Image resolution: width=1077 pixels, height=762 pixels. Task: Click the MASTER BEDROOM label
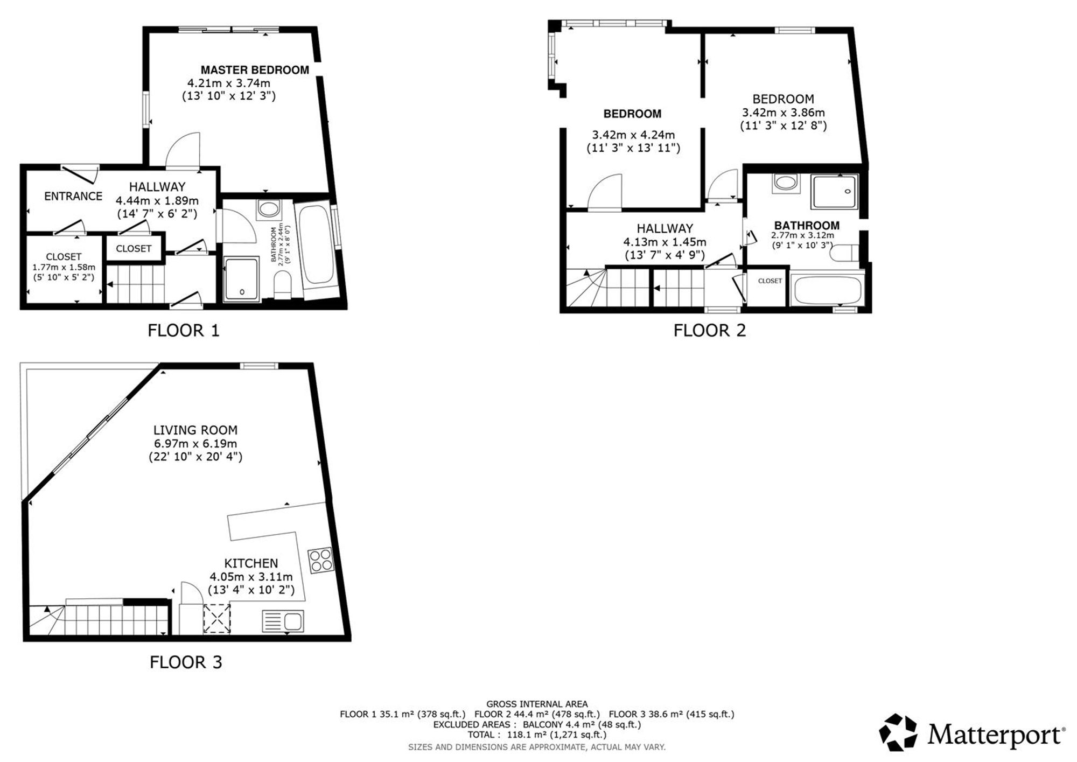tap(255, 70)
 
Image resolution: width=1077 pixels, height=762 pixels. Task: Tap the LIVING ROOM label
tap(195, 430)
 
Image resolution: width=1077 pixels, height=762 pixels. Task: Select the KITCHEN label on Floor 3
tap(251, 563)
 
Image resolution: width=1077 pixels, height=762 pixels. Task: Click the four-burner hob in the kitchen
tap(320, 561)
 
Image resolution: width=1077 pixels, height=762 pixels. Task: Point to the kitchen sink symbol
tap(283, 621)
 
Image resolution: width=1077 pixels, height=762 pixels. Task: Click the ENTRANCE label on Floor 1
tap(73, 197)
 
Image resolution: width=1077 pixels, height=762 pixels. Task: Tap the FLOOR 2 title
tap(710, 330)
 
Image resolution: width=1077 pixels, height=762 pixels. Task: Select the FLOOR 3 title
tap(186, 662)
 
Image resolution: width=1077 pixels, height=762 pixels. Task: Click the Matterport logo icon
tap(898, 732)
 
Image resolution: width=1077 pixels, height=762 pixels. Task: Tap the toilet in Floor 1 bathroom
tap(283, 284)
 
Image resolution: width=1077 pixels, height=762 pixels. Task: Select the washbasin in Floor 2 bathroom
tap(787, 183)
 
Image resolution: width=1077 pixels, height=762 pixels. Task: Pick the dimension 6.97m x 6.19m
tap(195, 444)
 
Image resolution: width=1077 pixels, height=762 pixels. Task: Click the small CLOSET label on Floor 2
tap(770, 281)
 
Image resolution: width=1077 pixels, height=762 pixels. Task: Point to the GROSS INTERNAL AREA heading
tap(537, 704)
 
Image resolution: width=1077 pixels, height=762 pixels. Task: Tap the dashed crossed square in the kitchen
tap(217, 618)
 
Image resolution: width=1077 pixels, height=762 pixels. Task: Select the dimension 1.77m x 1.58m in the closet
tap(64, 267)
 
